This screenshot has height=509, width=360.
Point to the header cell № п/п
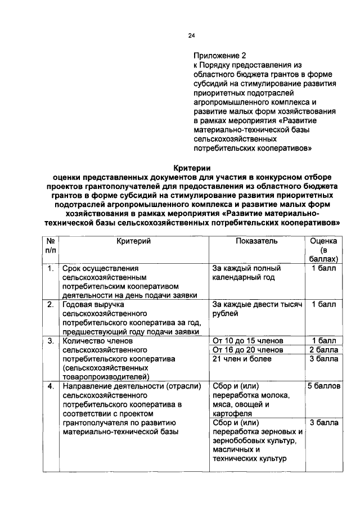(x=51, y=245)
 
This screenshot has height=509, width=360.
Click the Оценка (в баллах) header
(x=323, y=250)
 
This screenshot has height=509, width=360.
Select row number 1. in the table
(x=51, y=269)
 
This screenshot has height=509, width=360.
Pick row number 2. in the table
(x=51, y=305)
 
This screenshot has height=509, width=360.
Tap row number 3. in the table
(x=51, y=341)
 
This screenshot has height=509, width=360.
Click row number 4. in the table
(x=51, y=386)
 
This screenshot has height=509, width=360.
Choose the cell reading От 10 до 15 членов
(x=247, y=341)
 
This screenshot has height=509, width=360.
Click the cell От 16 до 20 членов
(x=247, y=350)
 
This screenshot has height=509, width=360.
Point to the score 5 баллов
(x=323, y=386)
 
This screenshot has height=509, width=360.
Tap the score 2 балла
(x=323, y=350)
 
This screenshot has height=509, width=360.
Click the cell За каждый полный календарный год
(x=246, y=273)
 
